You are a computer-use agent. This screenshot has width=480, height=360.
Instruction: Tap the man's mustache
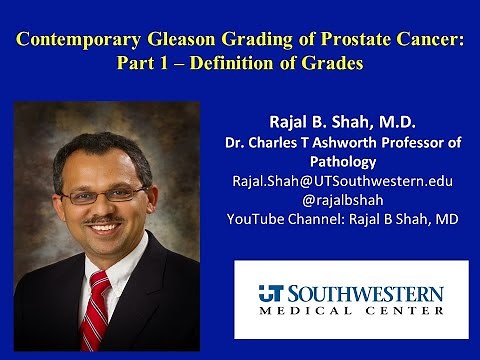click(x=95, y=223)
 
